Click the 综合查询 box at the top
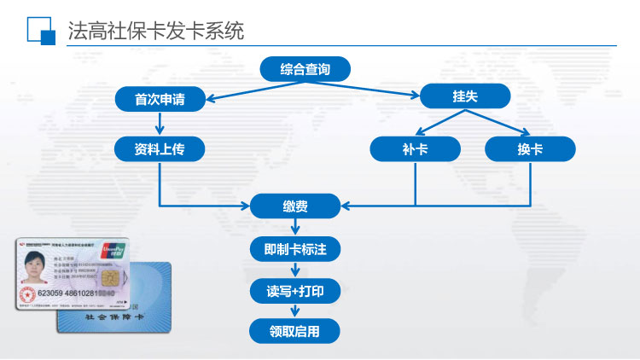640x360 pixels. [305, 69]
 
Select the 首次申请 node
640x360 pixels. [160, 100]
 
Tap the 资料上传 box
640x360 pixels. [160, 149]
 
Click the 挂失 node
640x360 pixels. [465, 96]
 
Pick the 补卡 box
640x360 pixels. [415, 149]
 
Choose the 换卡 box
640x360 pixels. [530, 149]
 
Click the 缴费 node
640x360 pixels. [295, 206]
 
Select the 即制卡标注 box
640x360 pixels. [295, 249]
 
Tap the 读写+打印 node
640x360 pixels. [295, 291]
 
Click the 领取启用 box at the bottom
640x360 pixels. [295, 331]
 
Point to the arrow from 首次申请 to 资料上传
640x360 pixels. [160, 125]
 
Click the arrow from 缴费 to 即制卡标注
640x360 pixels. [295, 227]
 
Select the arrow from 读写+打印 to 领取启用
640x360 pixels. [295, 311]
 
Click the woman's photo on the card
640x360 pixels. [35, 269]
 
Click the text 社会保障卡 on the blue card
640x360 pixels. [115, 317]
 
